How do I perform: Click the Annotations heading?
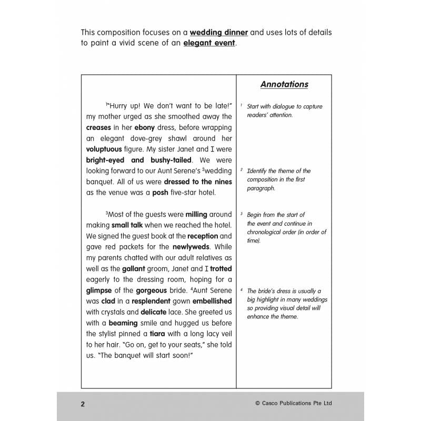pyautogui.click(x=284, y=84)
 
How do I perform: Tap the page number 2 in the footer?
pyautogui.click(x=83, y=404)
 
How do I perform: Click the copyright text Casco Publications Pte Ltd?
pyautogui.click(x=300, y=404)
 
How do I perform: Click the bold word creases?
pyautogui.click(x=98, y=127)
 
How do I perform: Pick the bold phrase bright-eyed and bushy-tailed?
pyautogui.click(x=139, y=160)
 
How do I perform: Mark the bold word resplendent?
pyautogui.click(x=151, y=302)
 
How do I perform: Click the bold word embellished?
pyautogui.click(x=212, y=302)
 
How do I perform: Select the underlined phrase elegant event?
pyautogui.click(x=209, y=43)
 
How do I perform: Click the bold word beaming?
pyautogui.click(x=123, y=323)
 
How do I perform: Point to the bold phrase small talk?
pyautogui.click(x=127, y=225)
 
